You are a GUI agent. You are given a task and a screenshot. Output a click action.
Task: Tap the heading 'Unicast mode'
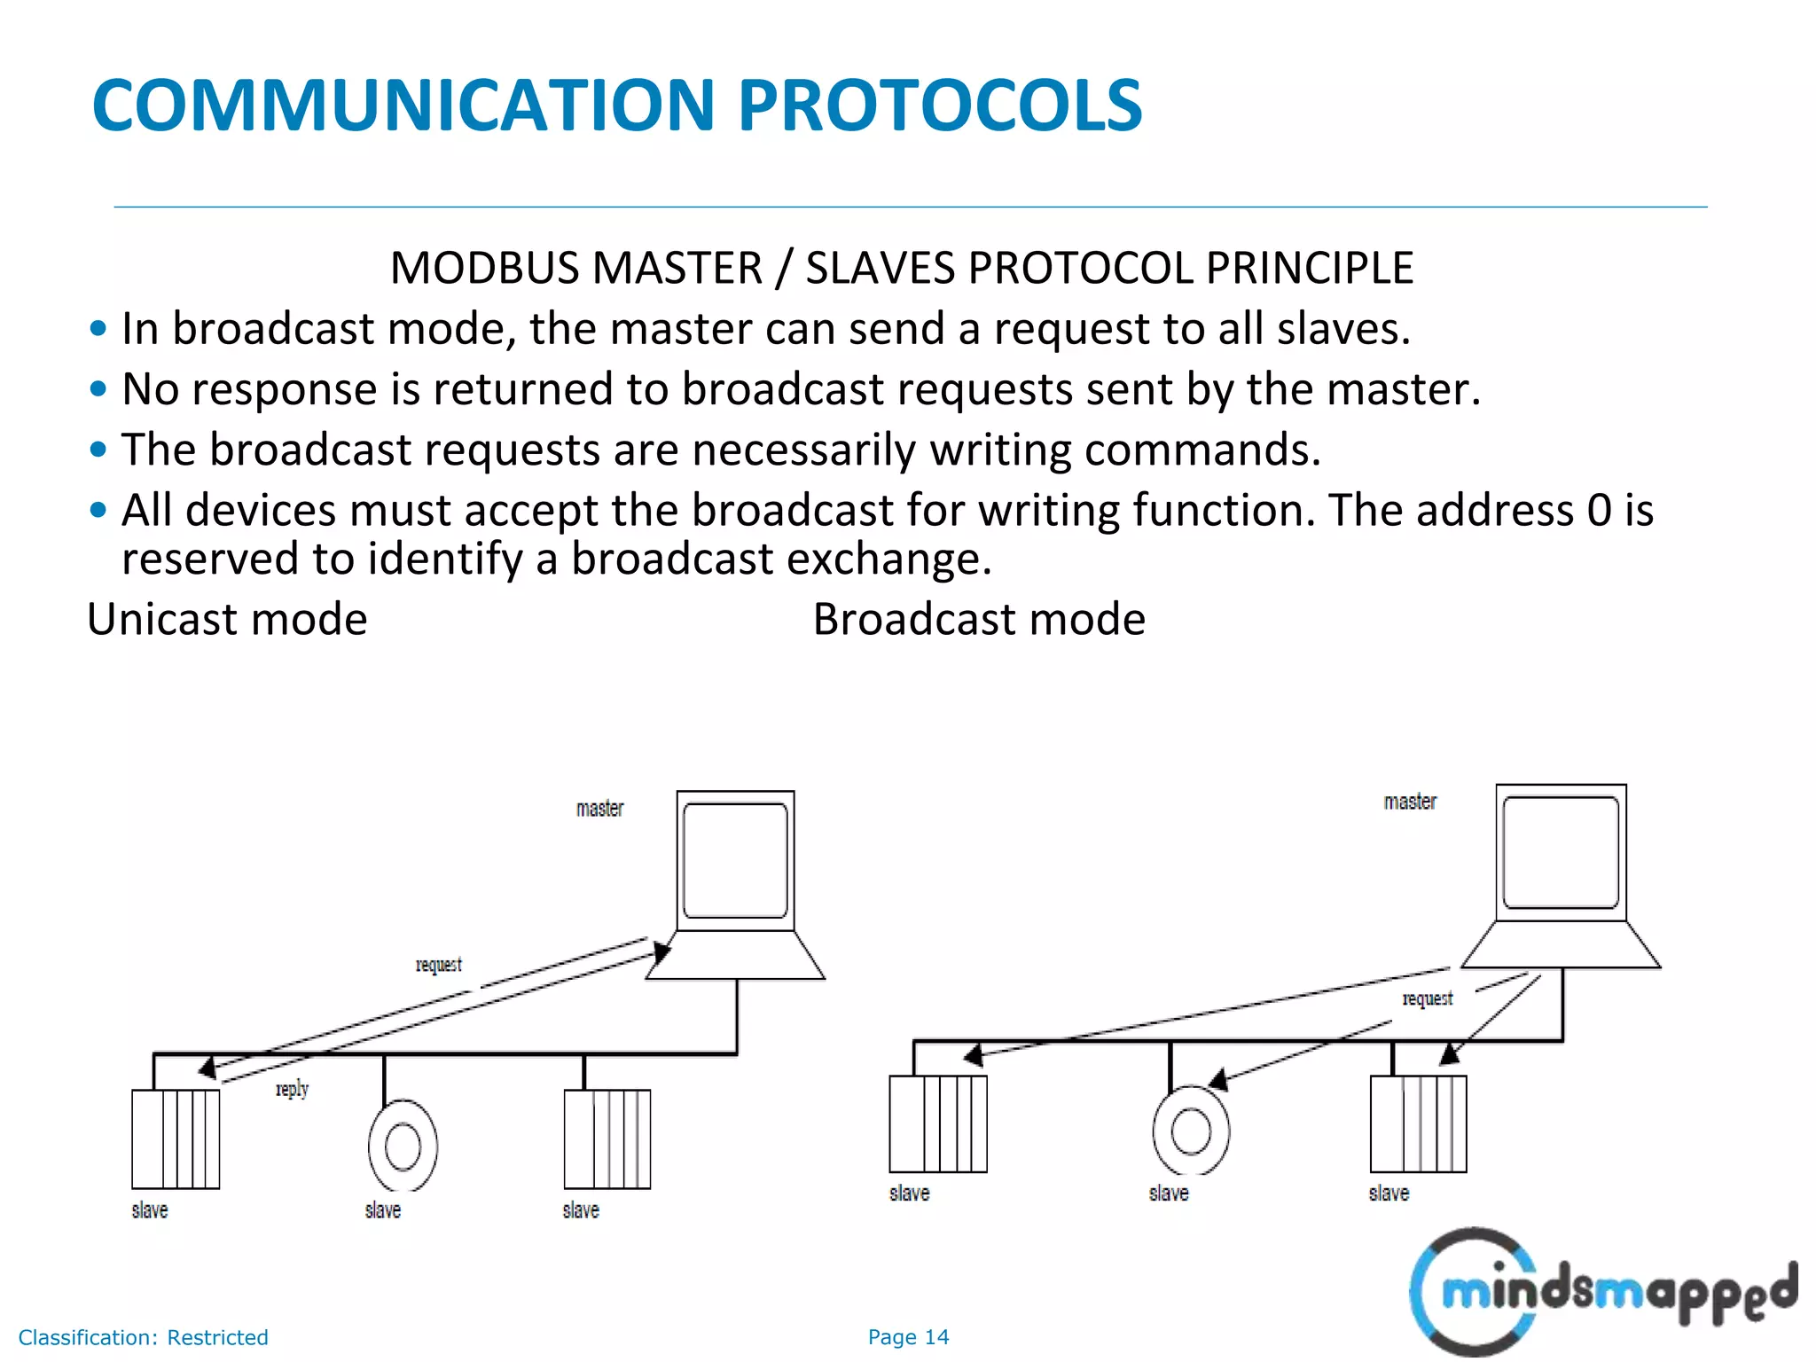click(x=227, y=619)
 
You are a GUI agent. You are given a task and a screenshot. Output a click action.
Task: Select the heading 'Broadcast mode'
click(x=979, y=619)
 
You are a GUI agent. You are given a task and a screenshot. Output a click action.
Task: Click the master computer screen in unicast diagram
click(x=735, y=860)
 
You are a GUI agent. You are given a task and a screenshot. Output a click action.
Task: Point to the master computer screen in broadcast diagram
click(x=1561, y=852)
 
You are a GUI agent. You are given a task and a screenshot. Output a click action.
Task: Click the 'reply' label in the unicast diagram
click(x=292, y=1088)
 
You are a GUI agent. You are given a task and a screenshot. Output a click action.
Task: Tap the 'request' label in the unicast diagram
click(x=439, y=964)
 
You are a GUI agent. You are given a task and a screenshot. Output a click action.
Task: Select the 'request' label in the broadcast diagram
click(x=1428, y=998)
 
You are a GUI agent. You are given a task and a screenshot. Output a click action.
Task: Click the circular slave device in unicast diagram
click(x=403, y=1146)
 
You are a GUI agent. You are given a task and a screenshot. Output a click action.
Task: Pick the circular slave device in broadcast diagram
click(x=1191, y=1131)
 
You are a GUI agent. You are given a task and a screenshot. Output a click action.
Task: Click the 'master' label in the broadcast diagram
click(x=1410, y=802)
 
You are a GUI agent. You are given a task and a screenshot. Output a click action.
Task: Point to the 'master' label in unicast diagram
click(x=600, y=809)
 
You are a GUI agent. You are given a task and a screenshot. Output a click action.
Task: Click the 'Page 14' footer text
click(x=908, y=1337)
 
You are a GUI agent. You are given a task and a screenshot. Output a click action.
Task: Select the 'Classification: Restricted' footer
click(x=144, y=1337)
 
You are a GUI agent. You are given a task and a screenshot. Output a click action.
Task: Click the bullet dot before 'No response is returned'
click(x=98, y=389)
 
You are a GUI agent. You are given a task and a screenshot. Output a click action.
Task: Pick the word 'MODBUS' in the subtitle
click(x=486, y=268)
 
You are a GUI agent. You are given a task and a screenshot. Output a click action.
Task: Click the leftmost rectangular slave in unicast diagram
click(x=176, y=1139)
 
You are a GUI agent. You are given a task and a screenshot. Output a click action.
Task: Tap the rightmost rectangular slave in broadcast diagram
click(x=1418, y=1123)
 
